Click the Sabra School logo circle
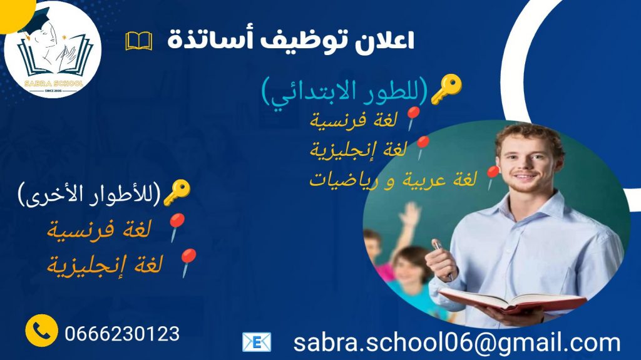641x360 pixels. [x=53, y=49]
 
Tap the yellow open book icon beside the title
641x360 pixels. [x=139, y=41]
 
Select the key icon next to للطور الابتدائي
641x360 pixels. [x=447, y=89]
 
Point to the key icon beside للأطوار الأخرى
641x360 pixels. [x=177, y=192]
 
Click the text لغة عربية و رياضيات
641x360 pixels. [x=393, y=180]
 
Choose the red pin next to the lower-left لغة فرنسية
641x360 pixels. [x=177, y=227]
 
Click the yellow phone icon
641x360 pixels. [x=42, y=331]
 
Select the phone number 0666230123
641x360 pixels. [x=122, y=334]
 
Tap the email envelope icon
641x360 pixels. [x=256, y=342]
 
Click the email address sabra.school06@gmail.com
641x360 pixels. [x=456, y=343]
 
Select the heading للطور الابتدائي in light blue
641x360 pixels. [x=345, y=93]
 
